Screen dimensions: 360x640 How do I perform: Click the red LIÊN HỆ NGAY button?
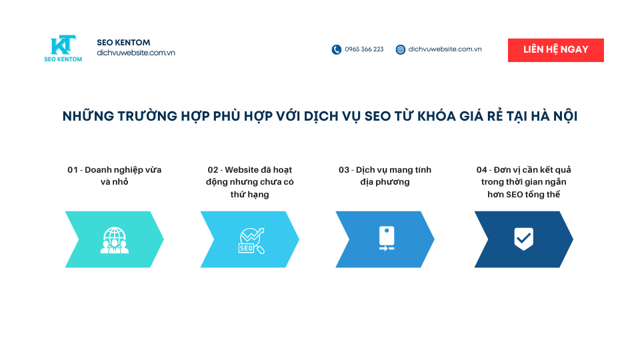[555, 50]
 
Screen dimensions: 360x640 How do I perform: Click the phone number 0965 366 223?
[364, 49]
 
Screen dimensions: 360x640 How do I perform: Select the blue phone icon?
[337, 49]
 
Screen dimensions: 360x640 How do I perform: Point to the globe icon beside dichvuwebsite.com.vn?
[401, 49]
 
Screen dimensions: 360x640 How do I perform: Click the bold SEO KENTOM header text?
[123, 43]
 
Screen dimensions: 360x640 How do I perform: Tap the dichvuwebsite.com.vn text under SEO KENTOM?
[135, 53]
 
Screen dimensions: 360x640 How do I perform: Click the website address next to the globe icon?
[445, 49]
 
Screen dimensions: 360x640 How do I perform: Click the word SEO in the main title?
[378, 116]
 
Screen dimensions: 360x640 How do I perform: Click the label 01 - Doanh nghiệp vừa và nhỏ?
[114, 175]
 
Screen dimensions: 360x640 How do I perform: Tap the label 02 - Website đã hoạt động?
[249, 182]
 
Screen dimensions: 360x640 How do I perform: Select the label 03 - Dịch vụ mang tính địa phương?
[385, 175]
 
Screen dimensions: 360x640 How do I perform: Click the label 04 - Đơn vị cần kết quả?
[523, 182]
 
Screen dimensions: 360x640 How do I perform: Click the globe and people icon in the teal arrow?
[114, 240]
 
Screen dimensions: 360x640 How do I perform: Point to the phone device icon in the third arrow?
[386, 239]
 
